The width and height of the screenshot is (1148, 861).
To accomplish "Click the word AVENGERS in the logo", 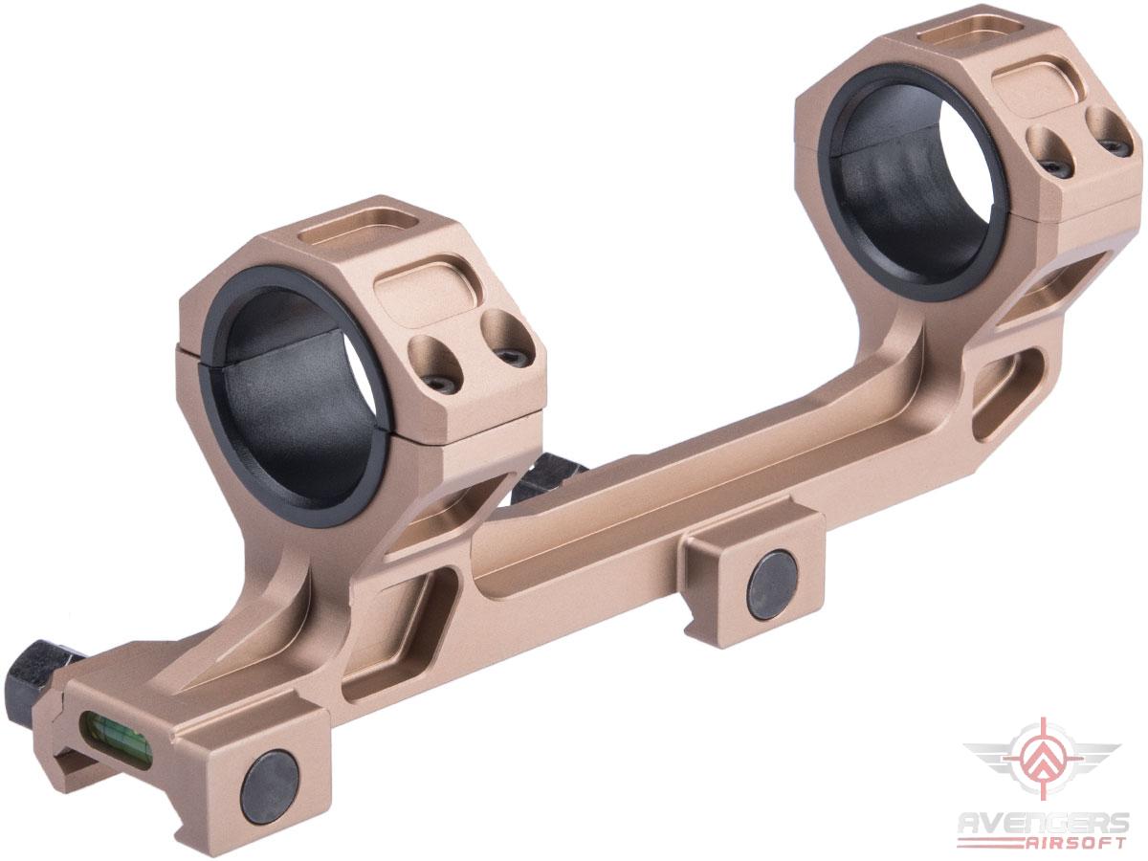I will tap(1046, 823).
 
